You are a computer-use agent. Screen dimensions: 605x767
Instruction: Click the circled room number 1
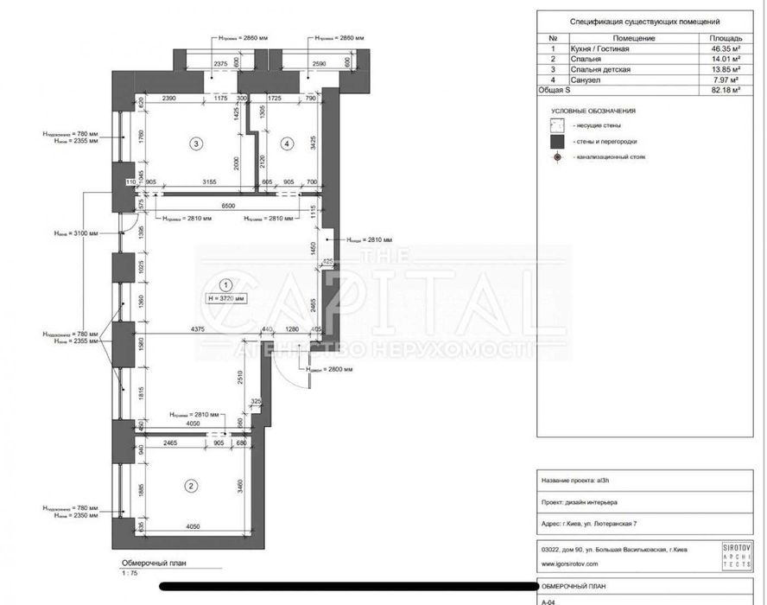coord(225,283)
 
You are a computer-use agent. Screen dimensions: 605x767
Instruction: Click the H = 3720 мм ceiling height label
coord(225,297)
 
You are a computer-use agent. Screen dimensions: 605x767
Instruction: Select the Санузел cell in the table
coord(585,80)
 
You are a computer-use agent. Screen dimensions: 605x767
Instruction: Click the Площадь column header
coord(724,39)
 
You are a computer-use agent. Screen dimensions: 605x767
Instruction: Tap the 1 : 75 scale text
coord(129,571)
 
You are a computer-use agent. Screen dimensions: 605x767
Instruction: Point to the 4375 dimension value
coord(198,328)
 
